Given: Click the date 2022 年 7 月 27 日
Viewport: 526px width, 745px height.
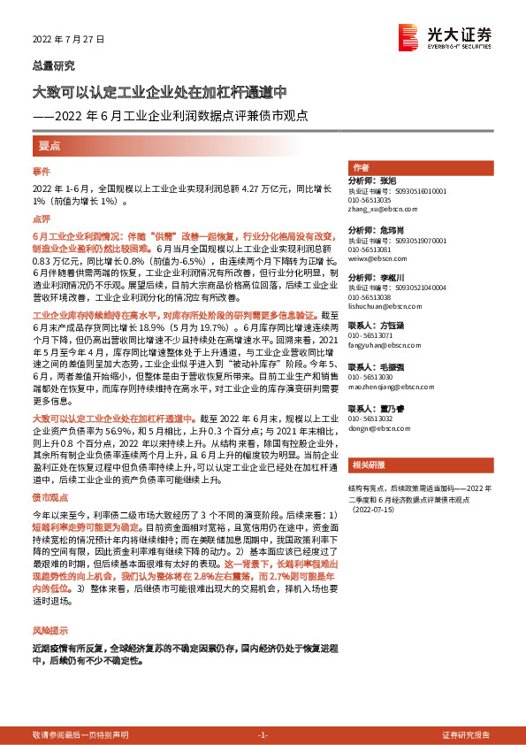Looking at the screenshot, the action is point(69,40).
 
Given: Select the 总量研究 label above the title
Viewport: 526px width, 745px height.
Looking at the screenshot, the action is point(54,65).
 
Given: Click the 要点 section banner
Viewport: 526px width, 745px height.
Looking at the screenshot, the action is point(49,145).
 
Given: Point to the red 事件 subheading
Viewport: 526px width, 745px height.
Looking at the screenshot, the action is point(42,171).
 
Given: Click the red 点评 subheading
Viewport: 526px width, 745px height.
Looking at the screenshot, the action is point(42,218).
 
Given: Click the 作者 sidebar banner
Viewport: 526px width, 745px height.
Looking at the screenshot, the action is point(360,167).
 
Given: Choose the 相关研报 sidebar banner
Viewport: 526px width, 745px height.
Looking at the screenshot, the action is point(366,465).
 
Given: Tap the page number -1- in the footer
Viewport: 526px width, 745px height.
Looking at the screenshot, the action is point(263,735).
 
